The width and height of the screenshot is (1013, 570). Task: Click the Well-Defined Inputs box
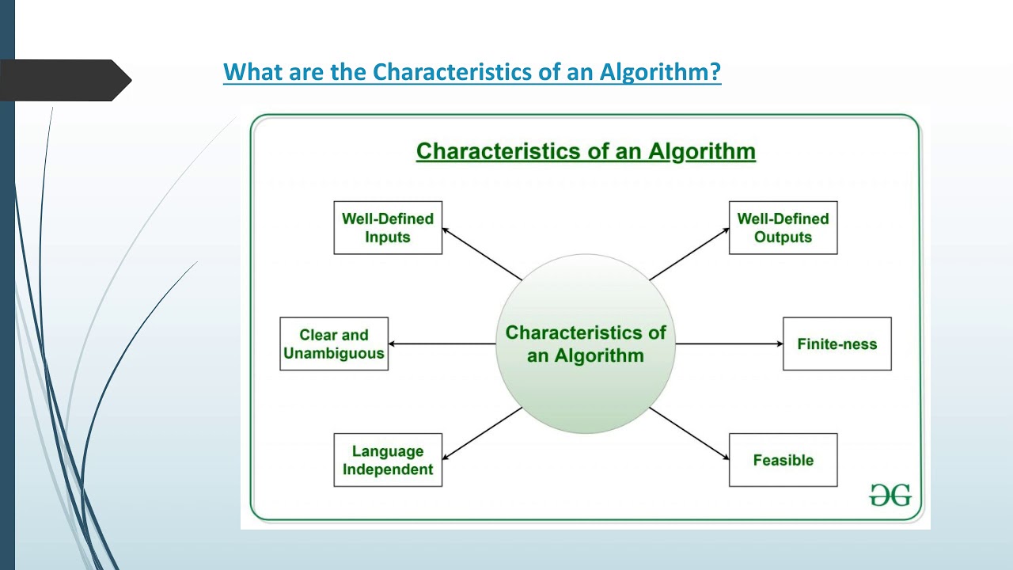388,228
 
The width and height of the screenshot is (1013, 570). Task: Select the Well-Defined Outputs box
783,228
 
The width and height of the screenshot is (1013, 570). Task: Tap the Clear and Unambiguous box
334,344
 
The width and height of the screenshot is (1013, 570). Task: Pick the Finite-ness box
837,344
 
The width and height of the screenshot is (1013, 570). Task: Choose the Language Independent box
388,460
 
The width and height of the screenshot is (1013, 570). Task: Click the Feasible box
783,460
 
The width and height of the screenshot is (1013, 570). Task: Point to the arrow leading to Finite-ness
728,344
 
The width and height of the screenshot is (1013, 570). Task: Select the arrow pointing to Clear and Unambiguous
442,344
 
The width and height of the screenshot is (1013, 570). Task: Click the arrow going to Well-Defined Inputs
481,253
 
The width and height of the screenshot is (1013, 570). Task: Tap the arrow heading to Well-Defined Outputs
689,253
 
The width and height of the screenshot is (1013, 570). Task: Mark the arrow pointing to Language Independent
481,434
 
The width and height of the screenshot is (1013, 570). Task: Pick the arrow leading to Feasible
689,434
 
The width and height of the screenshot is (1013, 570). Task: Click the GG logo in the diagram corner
890,495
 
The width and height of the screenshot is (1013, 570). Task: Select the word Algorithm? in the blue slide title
660,73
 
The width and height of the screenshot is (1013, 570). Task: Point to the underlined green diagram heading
586,151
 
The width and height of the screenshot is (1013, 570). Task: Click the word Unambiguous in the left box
334,354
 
